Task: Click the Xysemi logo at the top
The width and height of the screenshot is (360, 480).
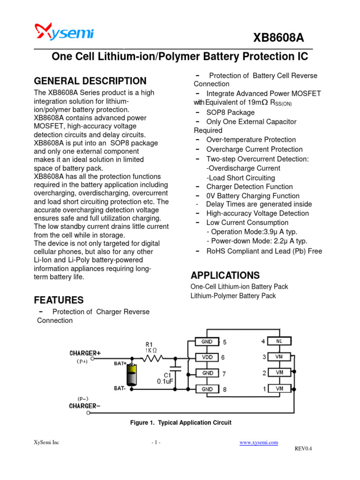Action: pos(64,32)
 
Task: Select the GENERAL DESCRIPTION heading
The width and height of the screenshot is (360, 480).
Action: pos(90,81)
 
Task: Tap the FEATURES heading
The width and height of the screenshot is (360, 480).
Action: pos(59,300)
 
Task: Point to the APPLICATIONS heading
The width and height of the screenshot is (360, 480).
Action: pos(225,275)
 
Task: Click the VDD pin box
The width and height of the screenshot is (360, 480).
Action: pos(207,357)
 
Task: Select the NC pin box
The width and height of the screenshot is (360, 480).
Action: pos(279,341)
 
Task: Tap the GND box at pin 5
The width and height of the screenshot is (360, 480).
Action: pos(207,342)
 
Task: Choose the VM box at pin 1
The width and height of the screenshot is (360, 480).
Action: pos(279,389)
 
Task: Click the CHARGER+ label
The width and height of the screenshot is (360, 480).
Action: pos(85,353)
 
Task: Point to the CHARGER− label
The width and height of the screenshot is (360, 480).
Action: pos(84,405)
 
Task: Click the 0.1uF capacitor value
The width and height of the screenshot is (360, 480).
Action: pos(165,382)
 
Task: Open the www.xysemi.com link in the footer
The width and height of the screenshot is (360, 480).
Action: pos(259,442)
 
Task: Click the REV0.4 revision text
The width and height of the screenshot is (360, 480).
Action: pos(303,449)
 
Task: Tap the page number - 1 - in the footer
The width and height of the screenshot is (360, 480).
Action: pos(156,442)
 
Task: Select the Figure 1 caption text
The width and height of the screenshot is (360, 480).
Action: pos(180,422)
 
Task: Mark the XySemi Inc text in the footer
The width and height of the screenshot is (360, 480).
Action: pos(46,442)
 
